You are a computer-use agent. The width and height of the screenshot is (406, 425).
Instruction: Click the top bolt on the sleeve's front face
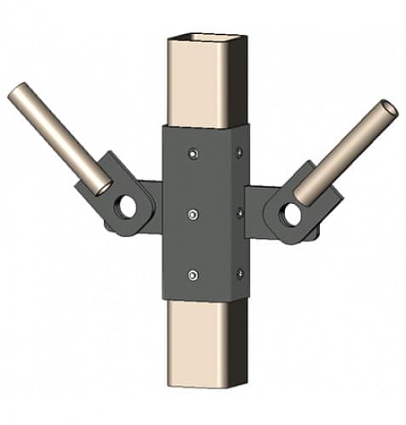(193, 153)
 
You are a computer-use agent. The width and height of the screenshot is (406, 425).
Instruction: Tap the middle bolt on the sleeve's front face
(193, 213)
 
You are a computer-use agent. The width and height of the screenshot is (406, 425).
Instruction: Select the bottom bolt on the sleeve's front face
(193, 275)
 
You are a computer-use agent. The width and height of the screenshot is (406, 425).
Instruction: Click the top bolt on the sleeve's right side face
(239, 152)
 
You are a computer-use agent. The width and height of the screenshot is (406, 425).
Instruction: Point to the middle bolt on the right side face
(239, 212)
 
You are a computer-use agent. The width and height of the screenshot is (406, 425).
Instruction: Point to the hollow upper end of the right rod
(388, 108)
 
